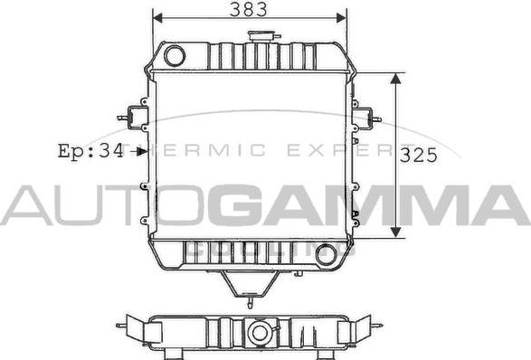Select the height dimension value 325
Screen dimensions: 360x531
(418, 155)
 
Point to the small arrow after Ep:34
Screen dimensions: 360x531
(139, 152)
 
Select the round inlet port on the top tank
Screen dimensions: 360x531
(175, 56)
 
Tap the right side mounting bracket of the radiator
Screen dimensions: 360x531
(364, 118)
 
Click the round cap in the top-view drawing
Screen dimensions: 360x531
(260, 333)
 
